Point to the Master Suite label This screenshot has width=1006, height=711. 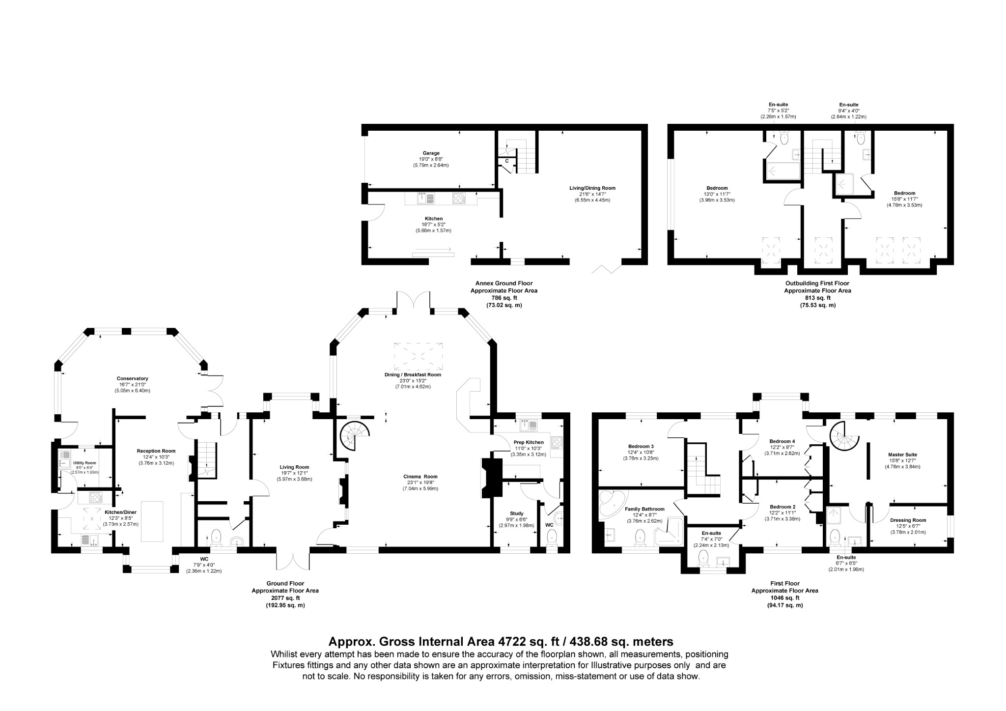click(x=902, y=455)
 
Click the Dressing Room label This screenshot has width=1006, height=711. click(x=908, y=520)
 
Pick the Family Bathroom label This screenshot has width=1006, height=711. click(x=644, y=509)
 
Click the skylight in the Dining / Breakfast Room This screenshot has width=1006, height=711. click(x=418, y=356)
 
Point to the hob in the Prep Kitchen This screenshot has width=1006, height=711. click(x=557, y=442)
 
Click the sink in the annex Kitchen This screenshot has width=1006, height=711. click(x=425, y=198)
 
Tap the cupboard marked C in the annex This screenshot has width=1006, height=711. click(x=506, y=161)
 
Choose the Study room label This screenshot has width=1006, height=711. click(x=516, y=513)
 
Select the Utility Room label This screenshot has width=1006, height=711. click(x=84, y=463)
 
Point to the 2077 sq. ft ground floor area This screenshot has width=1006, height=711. click(x=285, y=598)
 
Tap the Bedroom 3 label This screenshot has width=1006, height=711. click(x=641, y=446)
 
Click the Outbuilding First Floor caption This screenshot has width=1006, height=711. click(x=817, y=283)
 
